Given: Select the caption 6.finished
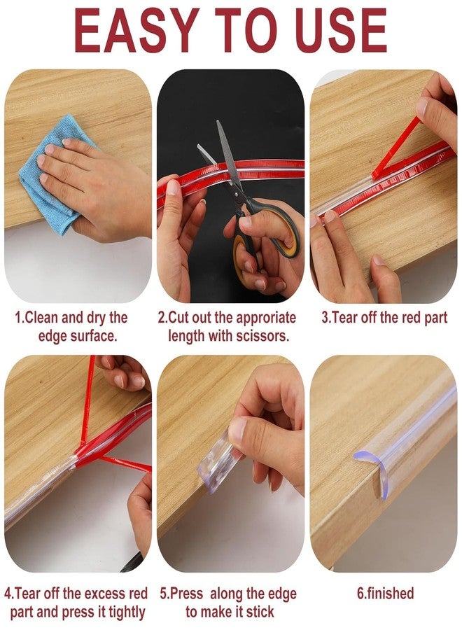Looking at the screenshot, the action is pyautogui.click(x=385, y=594).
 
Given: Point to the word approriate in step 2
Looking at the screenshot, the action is pyautogui.click(x=266, y=318).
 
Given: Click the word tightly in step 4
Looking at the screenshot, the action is pyautogui.click(x=125, y=612).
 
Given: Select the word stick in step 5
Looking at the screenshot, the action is pyautogui.click(x=260, y=612).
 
